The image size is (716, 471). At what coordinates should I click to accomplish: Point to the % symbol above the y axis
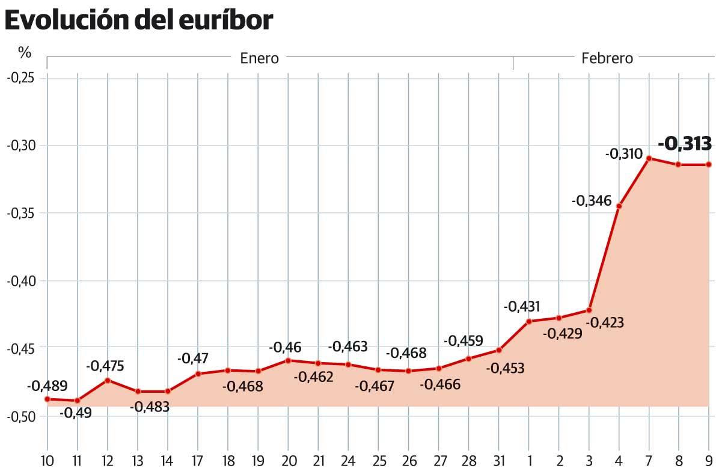[24, 53]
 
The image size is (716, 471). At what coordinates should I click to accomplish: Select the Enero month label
[259, 58]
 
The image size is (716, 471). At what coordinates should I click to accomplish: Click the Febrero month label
[607, 58]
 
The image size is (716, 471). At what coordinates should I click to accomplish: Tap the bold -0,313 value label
[685, 144]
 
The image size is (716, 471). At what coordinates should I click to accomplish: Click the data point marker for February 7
[649, 158]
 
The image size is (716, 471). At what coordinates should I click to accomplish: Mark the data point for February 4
[619, 206]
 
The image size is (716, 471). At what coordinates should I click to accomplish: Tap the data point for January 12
[108, 380]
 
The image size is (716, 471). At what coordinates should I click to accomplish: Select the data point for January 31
[498, 350]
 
